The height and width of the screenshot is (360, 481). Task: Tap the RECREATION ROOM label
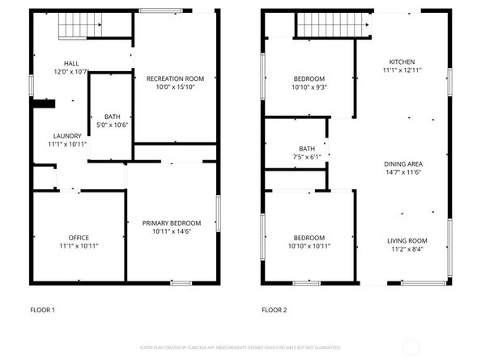coord(175,78)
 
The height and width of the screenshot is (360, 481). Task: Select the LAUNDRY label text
coord(67,135)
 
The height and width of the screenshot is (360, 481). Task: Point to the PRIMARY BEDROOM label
coord(172,222)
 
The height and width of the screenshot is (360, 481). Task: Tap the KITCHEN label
coord(402,61)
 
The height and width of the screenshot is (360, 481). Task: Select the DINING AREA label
coord(403,164)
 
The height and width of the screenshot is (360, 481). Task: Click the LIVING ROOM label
coord(405,240)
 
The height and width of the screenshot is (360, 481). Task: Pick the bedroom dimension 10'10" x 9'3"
coord(310,87)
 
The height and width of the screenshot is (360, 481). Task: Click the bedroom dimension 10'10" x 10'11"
coord(310,246)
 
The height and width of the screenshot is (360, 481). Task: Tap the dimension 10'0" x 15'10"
coord(175,87)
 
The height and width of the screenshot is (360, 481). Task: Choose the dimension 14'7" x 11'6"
coord(403,173)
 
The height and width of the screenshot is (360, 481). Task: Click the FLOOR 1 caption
coord(42,310)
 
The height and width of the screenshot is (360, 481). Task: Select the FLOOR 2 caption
coord(274,310)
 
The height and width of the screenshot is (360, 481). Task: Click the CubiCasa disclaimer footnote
coord(240,347)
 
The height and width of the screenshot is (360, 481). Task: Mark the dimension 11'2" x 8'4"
coord(405,249)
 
